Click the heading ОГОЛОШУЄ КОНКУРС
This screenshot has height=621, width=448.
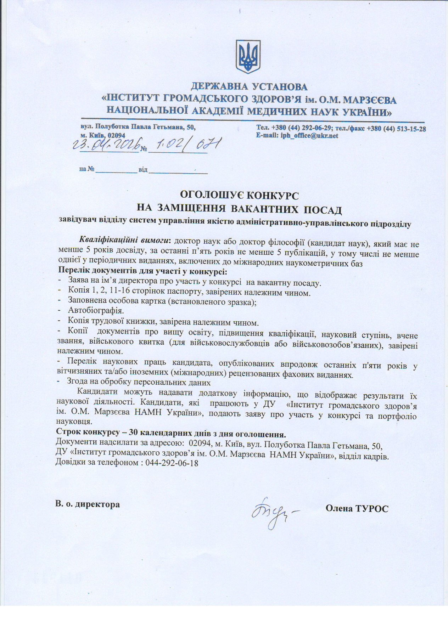click(x=240, y=195)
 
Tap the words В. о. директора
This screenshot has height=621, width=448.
click(x=88, y=504)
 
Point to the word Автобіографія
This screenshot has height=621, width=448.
click(x=96, y=311)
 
